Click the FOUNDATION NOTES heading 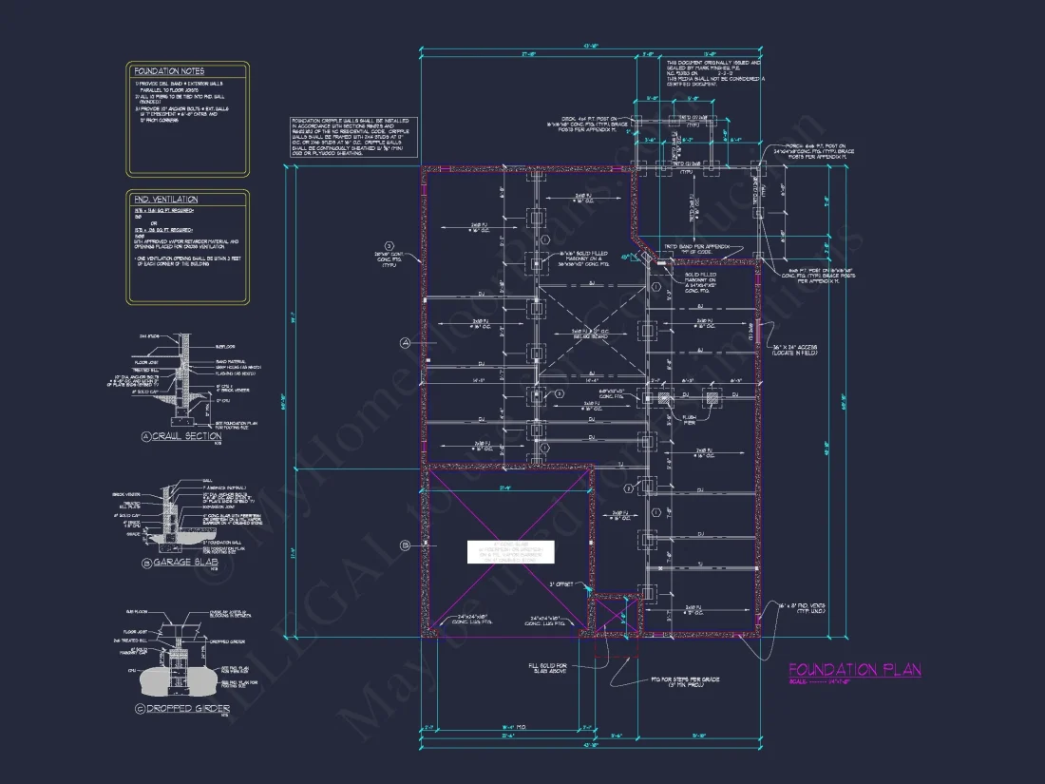[169, 71]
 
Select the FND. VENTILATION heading [166, 200]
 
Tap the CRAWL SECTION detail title [187, 437]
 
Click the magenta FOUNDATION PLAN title [854, 670]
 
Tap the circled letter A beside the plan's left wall [404, 341]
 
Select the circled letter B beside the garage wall [404, 545]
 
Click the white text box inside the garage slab [508, 552]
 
